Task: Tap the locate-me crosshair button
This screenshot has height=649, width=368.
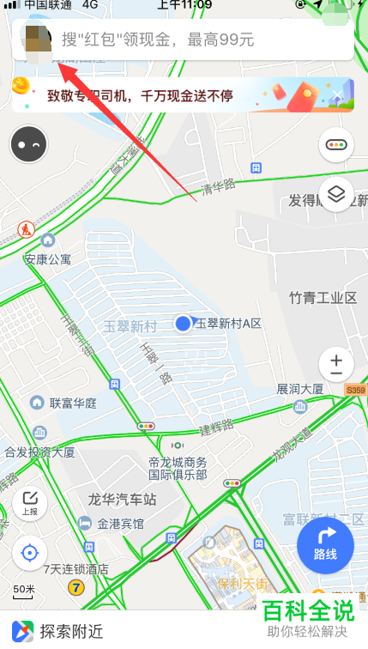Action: pos(30,552)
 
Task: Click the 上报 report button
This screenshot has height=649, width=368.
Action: pos(30,503)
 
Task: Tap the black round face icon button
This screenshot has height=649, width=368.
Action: pos(30,145)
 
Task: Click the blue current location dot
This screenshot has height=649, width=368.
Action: pos(183,324)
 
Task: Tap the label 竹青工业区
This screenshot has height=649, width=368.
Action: pos(323,298)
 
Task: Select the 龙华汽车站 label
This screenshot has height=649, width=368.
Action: pos(122,499)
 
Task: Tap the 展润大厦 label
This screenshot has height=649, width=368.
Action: pos(299,389)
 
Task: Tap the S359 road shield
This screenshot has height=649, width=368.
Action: pos(355,391)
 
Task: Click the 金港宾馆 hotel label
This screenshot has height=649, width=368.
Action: pos(120,524)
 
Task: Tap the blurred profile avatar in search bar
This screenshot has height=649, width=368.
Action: pos(37,39)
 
